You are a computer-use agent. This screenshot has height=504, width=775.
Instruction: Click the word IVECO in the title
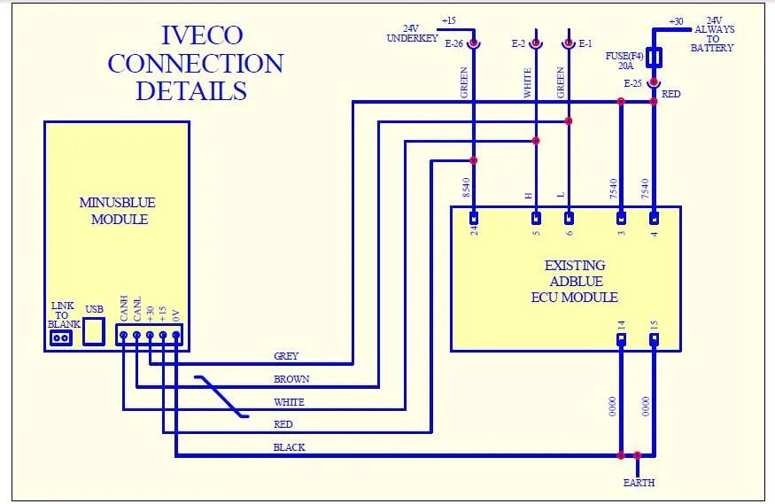coord(203,35)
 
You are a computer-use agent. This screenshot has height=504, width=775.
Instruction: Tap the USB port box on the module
coord(93,331)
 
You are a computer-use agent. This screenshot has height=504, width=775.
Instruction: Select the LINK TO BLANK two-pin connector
coord(61,338)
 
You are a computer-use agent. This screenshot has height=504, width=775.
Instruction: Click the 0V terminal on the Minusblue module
coord(176,336)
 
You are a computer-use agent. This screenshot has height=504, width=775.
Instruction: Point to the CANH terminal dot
coord(124,336)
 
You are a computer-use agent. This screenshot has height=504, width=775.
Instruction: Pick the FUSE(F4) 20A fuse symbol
coord(654,58)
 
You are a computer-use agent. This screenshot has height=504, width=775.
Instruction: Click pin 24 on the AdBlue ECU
coord(474,218)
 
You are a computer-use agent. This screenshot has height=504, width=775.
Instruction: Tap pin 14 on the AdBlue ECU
coord(621,339)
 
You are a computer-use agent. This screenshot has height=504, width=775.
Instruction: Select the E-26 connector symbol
coord(474,43)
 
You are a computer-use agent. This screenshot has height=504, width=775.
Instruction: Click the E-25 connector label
coord(632,83)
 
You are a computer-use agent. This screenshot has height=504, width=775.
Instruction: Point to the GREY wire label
coord(286,356)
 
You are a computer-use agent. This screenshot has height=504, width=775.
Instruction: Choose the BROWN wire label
coord(291,379)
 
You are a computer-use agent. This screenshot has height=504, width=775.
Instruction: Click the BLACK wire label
coord(289,447)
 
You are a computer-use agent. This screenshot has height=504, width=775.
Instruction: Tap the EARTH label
coord(639,483)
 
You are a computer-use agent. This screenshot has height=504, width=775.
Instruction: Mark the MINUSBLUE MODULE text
coord(118,211)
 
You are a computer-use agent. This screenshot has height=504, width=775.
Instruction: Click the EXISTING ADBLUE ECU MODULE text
coord(575,281)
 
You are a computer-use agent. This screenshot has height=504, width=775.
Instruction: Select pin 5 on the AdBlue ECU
coord(536,218)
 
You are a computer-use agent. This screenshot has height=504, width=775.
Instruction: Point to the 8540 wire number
coord(466,188)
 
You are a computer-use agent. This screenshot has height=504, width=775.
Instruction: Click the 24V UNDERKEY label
coord(412,34)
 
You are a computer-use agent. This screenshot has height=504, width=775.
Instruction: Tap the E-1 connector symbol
coord(569,43)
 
